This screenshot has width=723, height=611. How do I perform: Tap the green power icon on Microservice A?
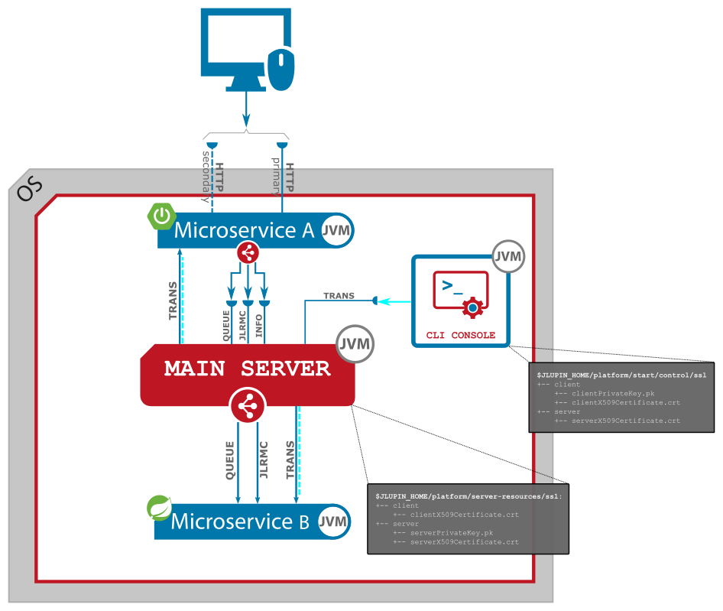pyautogui.click(x=161, y=216)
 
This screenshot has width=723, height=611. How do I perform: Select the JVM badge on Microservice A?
pyautogui.click(x=336, y=230)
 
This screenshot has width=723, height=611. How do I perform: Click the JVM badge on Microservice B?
pyautogui.click(x=333, y=522)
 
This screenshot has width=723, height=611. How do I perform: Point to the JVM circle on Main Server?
pyautogui.click(x=355, y=344)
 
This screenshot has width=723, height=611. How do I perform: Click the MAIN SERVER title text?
pyautogui.click(x=247, y=369)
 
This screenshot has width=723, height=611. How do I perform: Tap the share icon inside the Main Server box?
pyautogui.click(x=247, y=406)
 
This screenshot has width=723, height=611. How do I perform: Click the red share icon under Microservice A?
pyautogui.click(x=248, y=252)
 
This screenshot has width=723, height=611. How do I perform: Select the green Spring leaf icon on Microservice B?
pyautogui.click(x=159, y=508)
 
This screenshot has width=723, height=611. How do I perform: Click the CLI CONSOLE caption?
pyautogui.click(x=461, y=335)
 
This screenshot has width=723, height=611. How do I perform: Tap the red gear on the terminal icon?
pyautogui.click(x=473, y=308)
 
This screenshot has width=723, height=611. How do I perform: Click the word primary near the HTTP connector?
pyautogui.click(x=277, y=176)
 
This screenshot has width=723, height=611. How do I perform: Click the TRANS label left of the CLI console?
pyautogui.click(x=339, y=296)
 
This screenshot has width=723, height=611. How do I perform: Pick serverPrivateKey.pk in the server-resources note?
pyautogui.click(x=451, y=532)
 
